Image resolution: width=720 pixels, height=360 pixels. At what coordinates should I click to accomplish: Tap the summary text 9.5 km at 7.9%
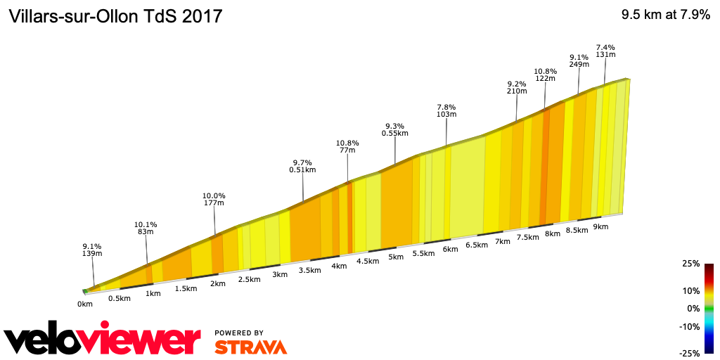tap(665, 15)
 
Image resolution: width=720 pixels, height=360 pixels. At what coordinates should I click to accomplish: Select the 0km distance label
tap(85, 304)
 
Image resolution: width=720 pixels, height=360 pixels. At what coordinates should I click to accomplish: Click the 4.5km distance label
tap(368, 262)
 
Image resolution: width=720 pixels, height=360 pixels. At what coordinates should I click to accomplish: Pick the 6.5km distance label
tap(477, 245)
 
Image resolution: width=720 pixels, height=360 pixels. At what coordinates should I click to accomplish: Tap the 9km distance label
tap(600, 226)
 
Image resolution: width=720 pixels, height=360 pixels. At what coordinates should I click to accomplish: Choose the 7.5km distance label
tap(527, 238)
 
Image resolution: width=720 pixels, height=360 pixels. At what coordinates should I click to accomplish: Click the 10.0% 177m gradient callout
tap(214, 200)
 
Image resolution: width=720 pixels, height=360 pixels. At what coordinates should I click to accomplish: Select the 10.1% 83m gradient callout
tap(146, 229)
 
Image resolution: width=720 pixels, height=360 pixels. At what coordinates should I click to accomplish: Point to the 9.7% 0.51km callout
tap(302, 166)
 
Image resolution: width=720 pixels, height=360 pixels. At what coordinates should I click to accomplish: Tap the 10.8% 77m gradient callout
tap(347, 146)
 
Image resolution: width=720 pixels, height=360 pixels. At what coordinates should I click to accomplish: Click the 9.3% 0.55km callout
tap(394, 129)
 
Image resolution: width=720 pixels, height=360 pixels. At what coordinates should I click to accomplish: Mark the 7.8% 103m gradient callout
tap(446, 110)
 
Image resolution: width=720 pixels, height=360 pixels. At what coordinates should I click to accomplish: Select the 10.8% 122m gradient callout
tap(545, 75)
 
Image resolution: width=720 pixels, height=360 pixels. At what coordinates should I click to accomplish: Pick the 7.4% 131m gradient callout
tap(605, 51)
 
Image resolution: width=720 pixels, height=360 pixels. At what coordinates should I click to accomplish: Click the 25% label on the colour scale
tap(691, 264)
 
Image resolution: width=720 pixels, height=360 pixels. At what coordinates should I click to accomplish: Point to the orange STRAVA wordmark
tap(250, 347)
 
